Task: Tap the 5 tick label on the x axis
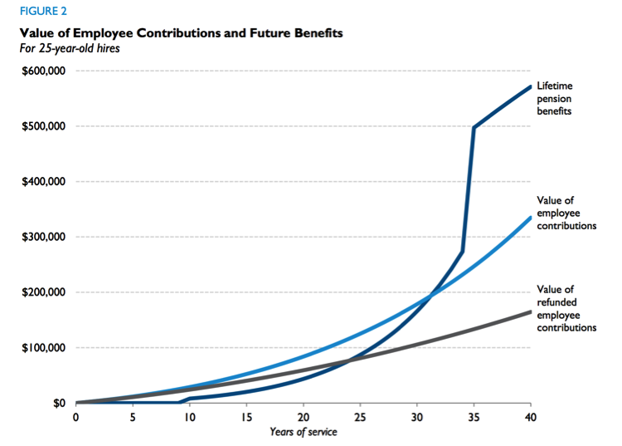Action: pyautogui.click(x=133, y=418)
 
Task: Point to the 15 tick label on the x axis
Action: pyautogui.click(x=245, y=418)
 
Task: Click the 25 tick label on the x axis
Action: pyautogui.click(x=360, y=418)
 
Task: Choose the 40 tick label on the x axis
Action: pyautogui.click(x=531, y=418)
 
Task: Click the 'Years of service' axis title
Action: pyautogui.click(x=303, y=432)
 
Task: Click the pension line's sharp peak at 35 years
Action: pyautogui.click(x=474, y=127)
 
